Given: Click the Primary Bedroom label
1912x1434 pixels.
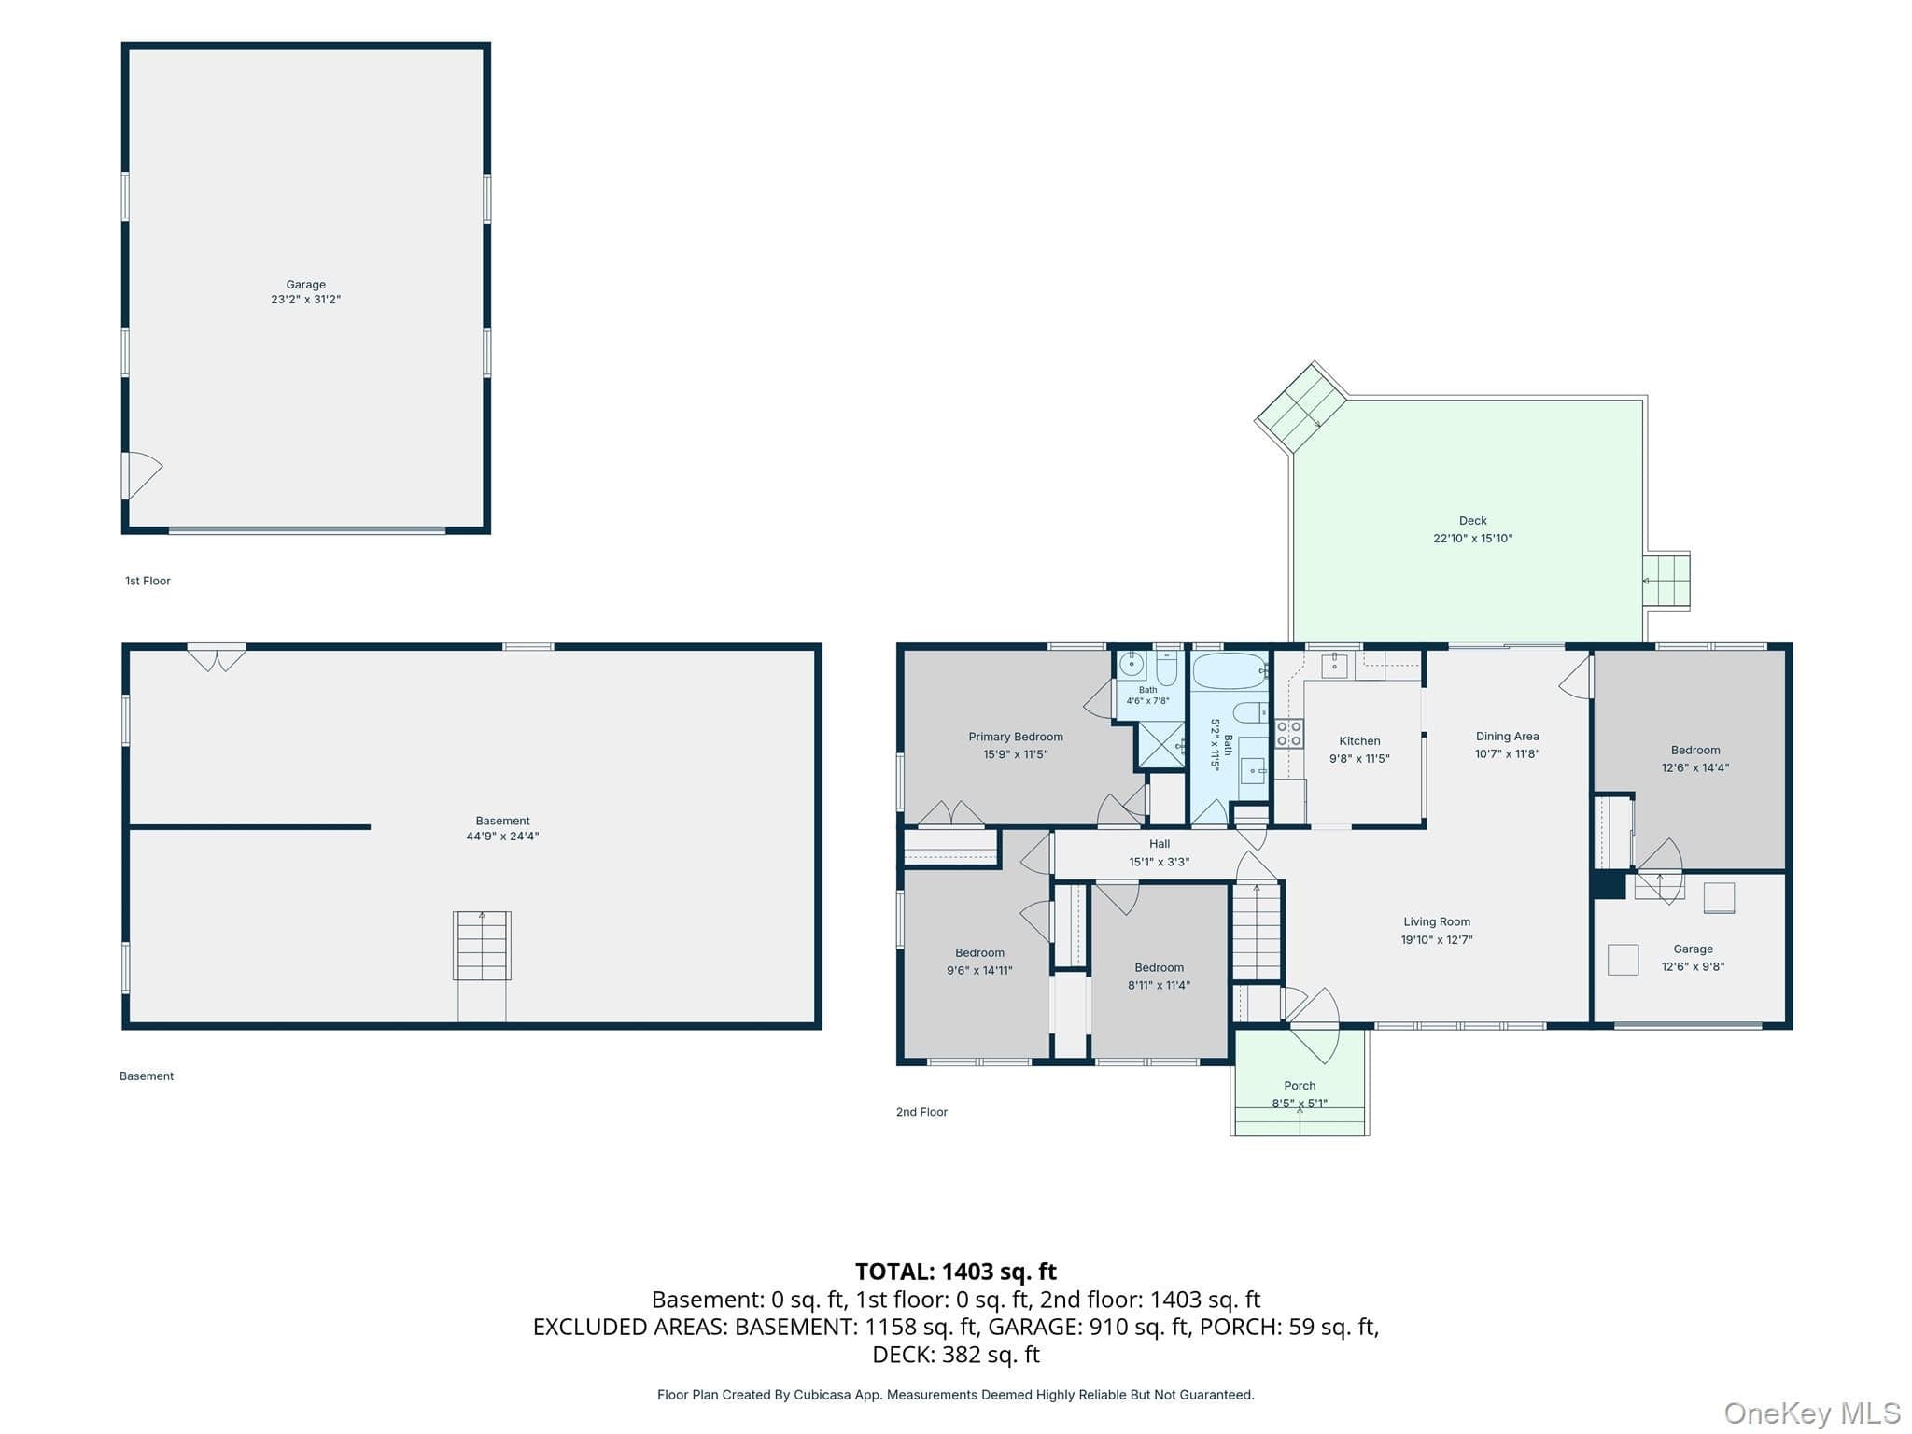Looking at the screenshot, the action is point(1016,737).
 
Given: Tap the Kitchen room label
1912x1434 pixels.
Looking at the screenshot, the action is point(1359,741).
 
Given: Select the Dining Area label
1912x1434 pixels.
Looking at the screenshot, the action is point(1507,737).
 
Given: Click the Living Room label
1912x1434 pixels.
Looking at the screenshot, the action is point(1437,922).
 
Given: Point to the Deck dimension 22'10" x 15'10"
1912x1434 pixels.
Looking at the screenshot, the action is point(1472,539).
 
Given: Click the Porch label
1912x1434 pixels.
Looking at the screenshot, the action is point(1300,1086).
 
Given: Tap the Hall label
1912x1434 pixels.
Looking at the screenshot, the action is point(1160,844).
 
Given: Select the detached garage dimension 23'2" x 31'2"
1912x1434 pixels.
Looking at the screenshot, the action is point(306,300).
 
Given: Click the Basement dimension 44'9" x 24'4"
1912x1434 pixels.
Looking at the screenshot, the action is point(502,836).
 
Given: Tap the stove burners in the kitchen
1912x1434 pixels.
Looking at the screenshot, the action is point(1289,734).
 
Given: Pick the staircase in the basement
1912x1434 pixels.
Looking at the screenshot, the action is point(482,946).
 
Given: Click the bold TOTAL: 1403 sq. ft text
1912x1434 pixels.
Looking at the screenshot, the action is point(956,1272).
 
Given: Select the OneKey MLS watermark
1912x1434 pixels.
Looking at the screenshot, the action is point(1812,1413).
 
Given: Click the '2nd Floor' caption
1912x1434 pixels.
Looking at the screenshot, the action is point(921,1112).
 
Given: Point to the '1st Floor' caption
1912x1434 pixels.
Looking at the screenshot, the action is point(148,581).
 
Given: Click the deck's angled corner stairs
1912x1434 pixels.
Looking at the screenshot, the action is point(1300,409).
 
